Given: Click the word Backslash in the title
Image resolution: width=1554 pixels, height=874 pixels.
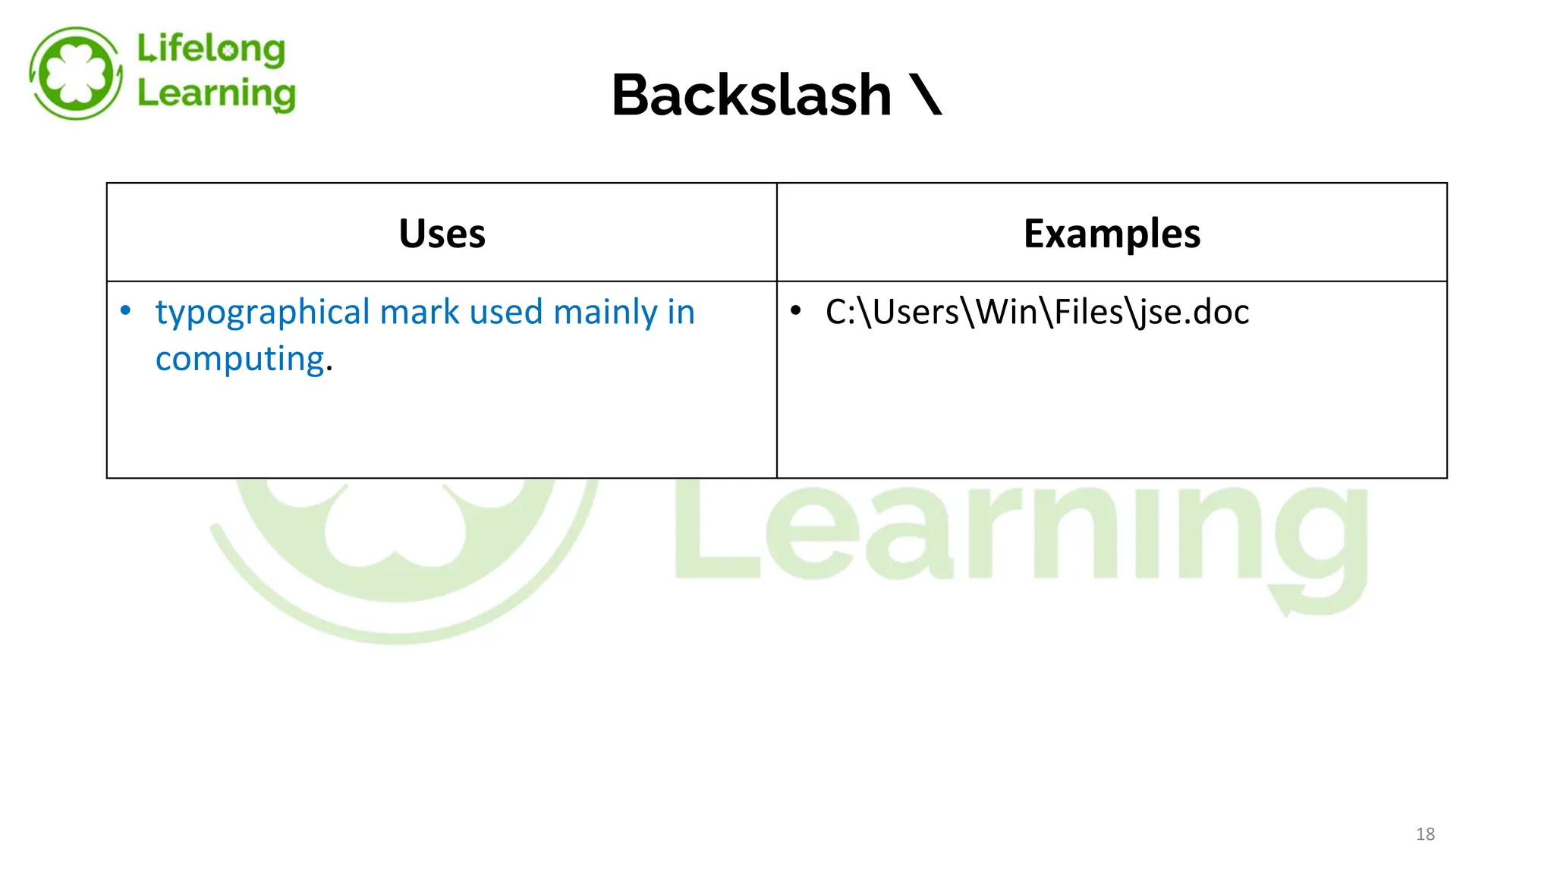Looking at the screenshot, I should [751, 96].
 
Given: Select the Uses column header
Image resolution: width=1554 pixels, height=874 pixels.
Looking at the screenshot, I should [442, 234].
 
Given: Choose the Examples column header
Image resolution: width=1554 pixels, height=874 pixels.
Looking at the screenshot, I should [1112, 234].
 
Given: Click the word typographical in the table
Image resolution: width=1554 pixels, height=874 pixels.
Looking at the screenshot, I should [263, 313].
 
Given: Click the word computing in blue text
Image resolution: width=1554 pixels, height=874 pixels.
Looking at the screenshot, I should [240, 359].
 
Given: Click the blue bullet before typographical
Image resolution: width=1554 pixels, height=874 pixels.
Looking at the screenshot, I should [126, 311].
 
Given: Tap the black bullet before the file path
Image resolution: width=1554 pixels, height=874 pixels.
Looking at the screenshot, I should [795, 311].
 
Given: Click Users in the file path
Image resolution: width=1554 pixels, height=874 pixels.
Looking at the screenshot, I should [916, 313].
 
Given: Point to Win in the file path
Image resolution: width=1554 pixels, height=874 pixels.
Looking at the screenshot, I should [1006, 313].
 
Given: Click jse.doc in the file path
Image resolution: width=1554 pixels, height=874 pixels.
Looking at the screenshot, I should [1194, 313].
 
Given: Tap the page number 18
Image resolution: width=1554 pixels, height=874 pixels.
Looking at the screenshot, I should [1425, 835].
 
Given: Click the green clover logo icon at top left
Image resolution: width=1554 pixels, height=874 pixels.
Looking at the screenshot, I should [75, 74].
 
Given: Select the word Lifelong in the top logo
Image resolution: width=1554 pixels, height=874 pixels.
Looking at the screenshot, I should [211, 49].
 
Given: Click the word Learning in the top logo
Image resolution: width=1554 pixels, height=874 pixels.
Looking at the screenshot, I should [216, 93].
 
